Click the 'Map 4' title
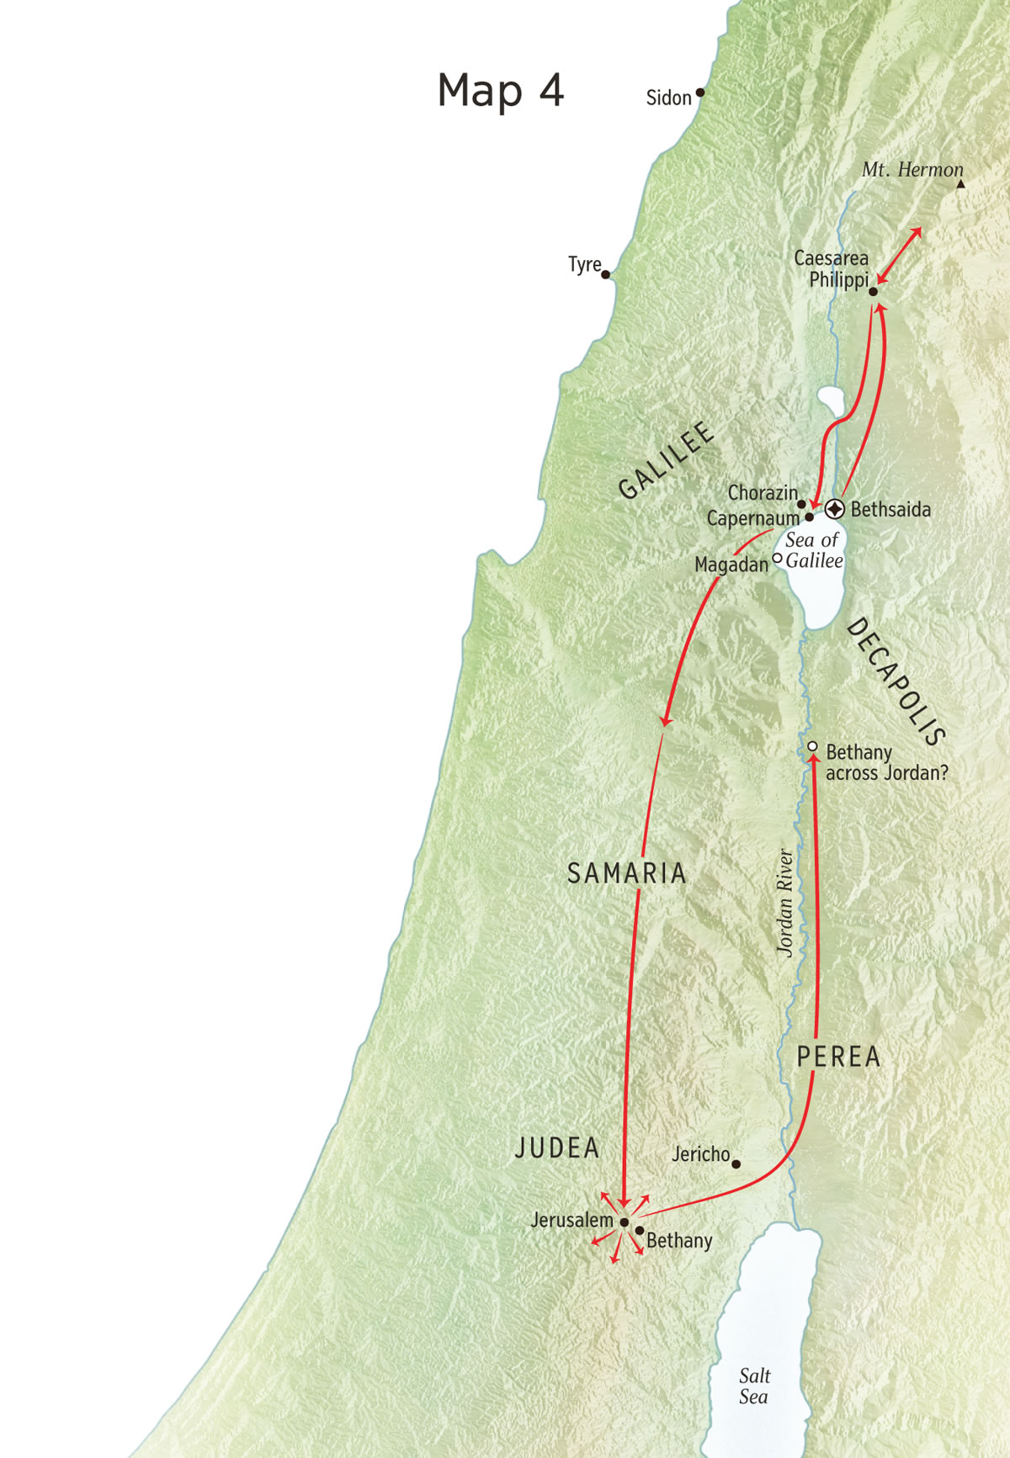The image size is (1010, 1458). tap(500, 90)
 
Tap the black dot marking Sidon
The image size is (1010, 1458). tap(699, 93)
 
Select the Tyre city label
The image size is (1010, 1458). tap(584, 265)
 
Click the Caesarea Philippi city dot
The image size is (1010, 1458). tap(873, 292)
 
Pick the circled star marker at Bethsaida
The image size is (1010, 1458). tap(834, 508)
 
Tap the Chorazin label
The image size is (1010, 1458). tap(762, 493)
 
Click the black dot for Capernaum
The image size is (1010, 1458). tap(809, 517)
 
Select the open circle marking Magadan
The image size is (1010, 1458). tap(777, 558)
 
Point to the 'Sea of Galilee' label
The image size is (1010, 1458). tap(814, 550)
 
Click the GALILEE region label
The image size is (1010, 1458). tap(666, 460)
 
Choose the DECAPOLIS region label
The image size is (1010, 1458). tap(896, 681)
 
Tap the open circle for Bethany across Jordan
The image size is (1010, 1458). tap(812, 746)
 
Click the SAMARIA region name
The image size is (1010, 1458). tap(626, 873)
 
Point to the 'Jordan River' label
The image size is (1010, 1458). tap(784, 903)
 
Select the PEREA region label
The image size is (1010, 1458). tap(838, 1057)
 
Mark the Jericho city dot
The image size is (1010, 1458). tap(736, 1164)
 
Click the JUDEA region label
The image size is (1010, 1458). tap(556, 1148)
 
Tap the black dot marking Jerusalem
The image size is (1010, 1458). tap(625, 1222)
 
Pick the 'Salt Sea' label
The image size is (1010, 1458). tap(754, 1386)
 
